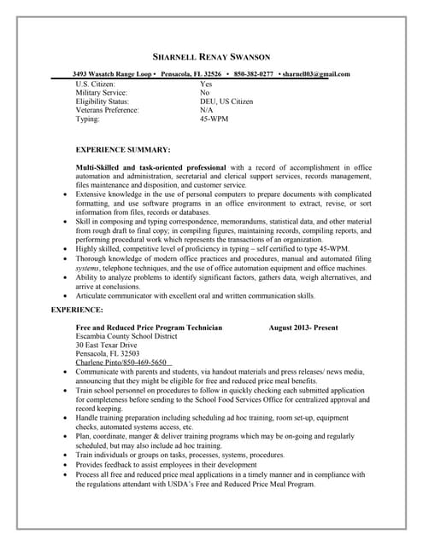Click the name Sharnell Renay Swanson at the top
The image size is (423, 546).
210,56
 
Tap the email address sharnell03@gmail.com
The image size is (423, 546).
317,74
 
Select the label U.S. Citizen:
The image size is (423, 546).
100,84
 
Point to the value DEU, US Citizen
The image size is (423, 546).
226,102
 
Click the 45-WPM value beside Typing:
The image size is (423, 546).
214,119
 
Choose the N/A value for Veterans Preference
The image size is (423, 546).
207,110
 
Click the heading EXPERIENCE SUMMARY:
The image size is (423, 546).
123,149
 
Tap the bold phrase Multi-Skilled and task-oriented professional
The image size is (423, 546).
150,166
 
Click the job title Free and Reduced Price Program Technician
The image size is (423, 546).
149,327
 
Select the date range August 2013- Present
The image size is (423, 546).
303,327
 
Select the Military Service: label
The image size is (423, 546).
102,92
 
